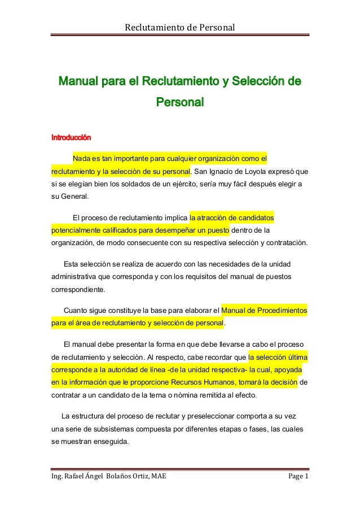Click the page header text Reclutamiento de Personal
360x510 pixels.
click(x=179, y=27)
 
